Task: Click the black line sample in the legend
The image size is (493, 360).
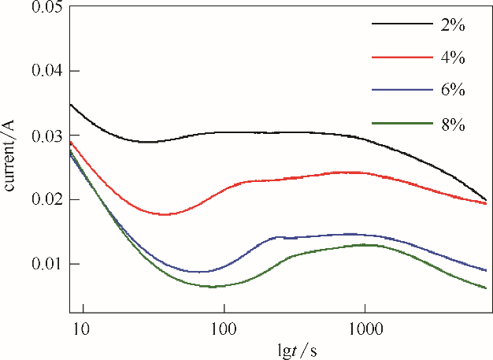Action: [400, 24]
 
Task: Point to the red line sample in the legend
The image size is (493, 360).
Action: [400, 57]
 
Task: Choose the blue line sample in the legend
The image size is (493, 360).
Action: [400, 90]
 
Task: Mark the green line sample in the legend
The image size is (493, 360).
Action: [400, 122]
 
